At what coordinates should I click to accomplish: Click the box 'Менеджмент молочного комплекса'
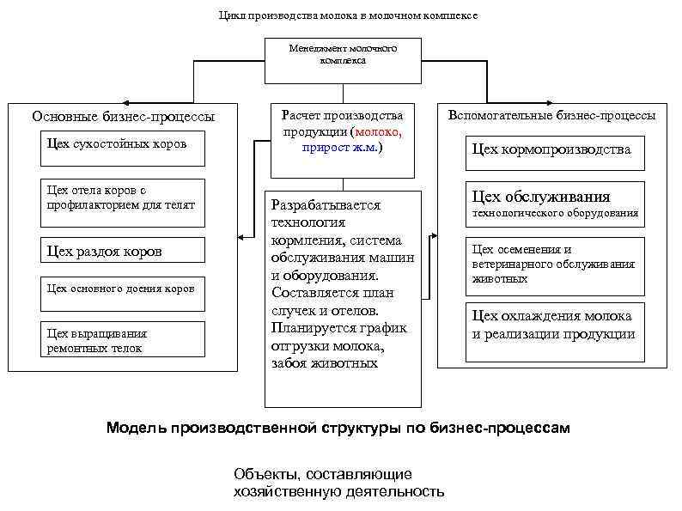coord(343,55)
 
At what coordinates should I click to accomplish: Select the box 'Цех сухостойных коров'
coord(123,144)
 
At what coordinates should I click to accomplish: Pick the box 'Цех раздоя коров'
coord(123,251)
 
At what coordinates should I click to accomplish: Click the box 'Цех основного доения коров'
coord(123,290)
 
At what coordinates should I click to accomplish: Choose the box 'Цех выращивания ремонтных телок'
coord(123,339)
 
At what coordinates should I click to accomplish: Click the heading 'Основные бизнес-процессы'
coord(124,117)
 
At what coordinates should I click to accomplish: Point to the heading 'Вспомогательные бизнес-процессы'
coord(552,114)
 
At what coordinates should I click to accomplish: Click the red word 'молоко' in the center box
coord(379,131)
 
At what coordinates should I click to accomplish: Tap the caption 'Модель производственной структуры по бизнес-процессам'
coord(338,427)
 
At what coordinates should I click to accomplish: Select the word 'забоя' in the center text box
coord(289,362)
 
